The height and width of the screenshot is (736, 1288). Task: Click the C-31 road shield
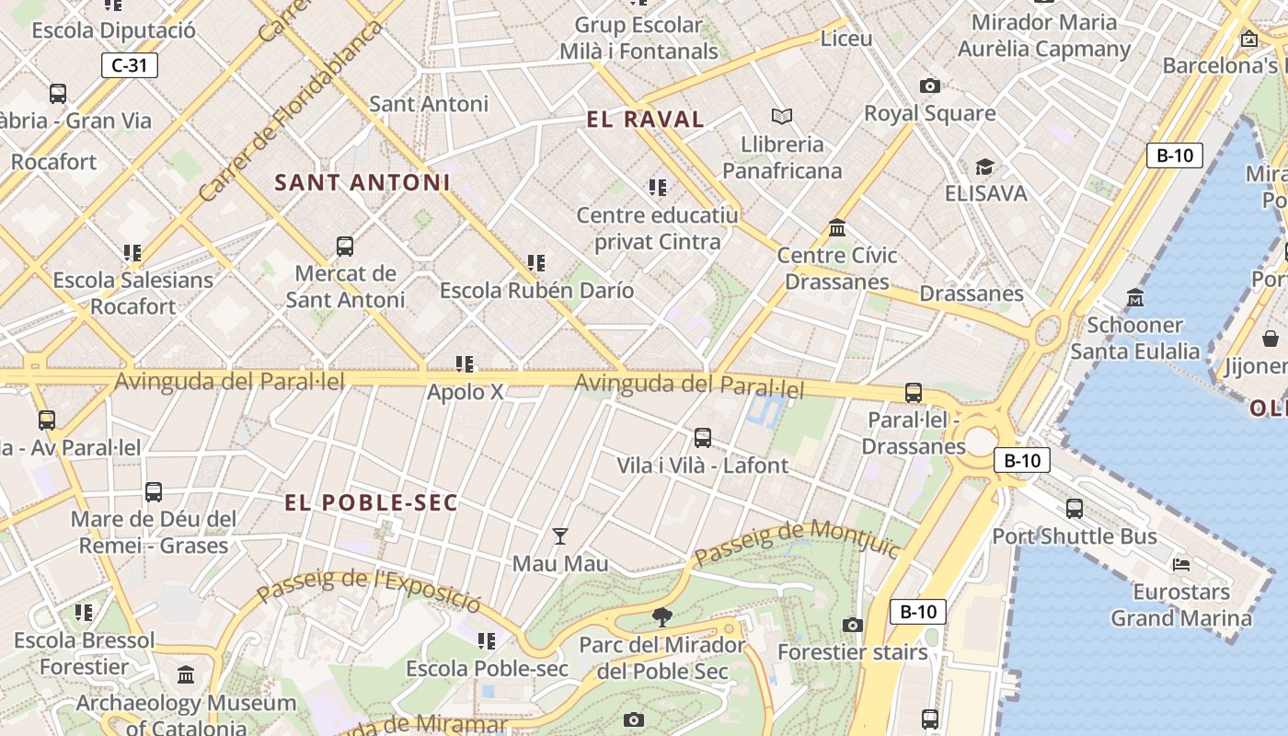coord(129,65)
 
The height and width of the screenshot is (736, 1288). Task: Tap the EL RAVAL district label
coord(645,119)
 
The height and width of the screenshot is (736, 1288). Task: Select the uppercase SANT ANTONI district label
coord(362,182)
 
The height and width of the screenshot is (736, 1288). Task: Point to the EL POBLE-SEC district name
coord(371,502)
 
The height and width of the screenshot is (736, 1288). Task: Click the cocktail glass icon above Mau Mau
coord(559,535)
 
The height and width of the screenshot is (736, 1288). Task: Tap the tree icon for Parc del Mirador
coord(661,616)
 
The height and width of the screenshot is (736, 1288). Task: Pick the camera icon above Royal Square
coord(930,86)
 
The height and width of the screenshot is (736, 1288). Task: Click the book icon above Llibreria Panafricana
coord(781,116)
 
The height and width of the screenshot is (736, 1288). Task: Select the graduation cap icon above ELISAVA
coord(984,167)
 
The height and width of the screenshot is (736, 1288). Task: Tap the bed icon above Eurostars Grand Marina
coord(1181,564)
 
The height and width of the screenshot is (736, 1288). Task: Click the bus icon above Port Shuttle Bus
coord(1074,508)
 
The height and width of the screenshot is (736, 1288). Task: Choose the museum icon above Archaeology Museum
coord(186,675)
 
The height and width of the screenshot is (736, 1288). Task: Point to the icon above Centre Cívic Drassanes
coord(837,227)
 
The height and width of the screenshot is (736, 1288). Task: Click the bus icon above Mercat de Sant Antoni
coord(345,246)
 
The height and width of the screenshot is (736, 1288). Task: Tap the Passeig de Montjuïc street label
coord(796,542)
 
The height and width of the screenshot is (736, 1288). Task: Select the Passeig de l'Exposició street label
coord(369,590)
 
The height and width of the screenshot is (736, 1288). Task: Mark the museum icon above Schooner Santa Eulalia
coord(1134,297)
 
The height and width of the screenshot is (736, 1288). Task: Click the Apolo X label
coord(466,392)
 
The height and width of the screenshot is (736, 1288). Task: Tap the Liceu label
coord(845,39)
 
